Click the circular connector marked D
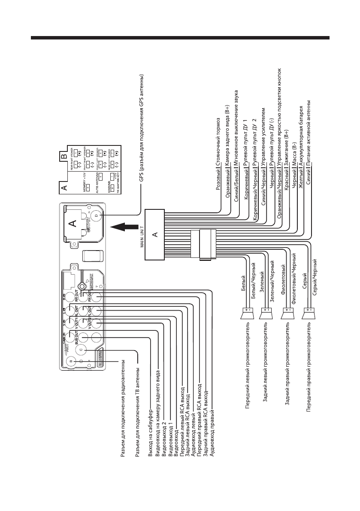[x=96, y=215]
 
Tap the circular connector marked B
[x=72, y=360]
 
